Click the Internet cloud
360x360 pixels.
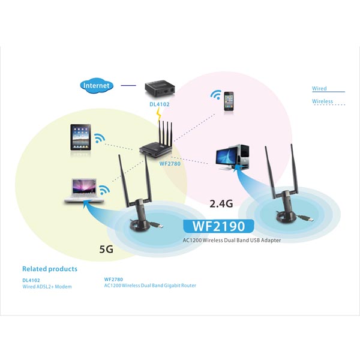pyautogui.click(x=97, y=86)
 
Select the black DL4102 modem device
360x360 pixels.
pyautogui.click(x=160, y=91)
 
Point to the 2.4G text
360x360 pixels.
pyautogui.click(x=221, y=203)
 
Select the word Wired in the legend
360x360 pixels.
pyautogui.click(x=319, y=89)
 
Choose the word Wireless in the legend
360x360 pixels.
pyautogui.click(x=322, y=101)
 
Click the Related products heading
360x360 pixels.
pyautogui.click(x=50, y=269)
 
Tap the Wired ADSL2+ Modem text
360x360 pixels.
pyautogui.click(x=47, y=286)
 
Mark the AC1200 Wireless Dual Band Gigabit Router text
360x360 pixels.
pyautogui.click(x=150, y=286)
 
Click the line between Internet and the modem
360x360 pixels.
pyautogui.click(x=128, y=86)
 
